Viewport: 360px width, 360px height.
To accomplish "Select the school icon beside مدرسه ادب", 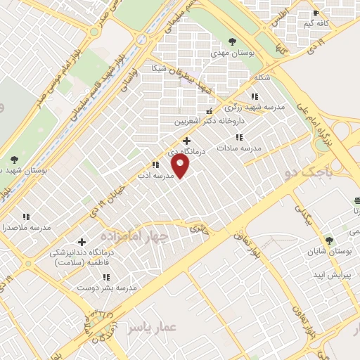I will pyautogui.click(x=155, y=164).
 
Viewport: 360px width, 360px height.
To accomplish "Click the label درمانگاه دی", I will pyautogui.click(x=186, y=151).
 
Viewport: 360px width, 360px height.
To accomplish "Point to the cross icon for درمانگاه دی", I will pyautogui.click(x=186, y=140).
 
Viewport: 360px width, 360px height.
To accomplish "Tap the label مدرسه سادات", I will pyautogui.click(x=239, y=148).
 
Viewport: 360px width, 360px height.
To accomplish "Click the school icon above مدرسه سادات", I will pyautogui.click(x=239, y=137).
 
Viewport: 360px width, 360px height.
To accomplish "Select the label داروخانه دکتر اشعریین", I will pyautogui.click(x=209, y=122).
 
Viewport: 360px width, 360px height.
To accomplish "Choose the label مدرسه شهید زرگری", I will pyautogui.click(x=255, y=107).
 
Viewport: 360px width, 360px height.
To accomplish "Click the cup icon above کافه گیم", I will pyautogui.click(x=316, y=13).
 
